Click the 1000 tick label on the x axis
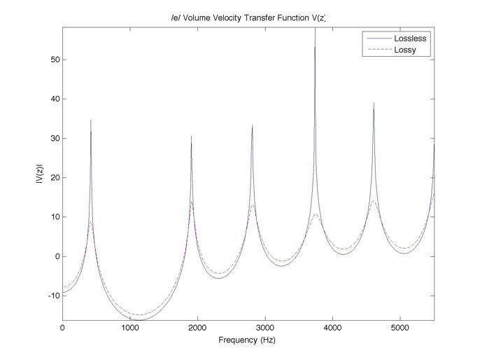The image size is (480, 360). [130, 328]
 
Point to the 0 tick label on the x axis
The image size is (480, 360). [63, 328]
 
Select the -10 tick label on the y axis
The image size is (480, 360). [50, 296]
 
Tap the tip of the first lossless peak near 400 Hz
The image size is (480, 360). [91, 120]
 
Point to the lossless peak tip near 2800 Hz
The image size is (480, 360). [253, 125]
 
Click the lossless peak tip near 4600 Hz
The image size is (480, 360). [374, 102]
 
